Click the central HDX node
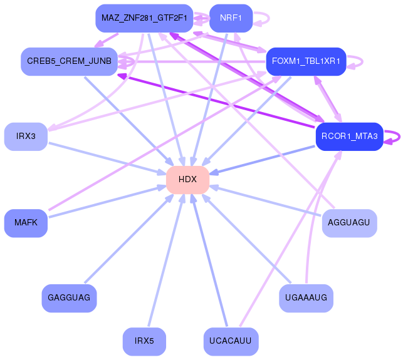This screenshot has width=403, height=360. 187,180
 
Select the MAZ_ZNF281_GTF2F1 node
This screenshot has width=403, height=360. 144,18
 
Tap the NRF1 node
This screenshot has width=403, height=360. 231,18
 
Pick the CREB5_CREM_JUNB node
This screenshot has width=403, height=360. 69,61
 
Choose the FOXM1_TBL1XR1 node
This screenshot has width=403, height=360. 306,61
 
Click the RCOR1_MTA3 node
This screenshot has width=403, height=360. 350,136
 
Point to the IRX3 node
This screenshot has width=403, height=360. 26,136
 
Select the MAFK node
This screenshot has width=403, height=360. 26,223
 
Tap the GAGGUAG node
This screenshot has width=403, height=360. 69,298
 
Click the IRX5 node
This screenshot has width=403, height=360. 144,341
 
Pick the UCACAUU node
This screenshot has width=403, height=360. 231,341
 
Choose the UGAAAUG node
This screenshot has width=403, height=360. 306,298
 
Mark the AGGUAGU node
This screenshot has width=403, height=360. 350,223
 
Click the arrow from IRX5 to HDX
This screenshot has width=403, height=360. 166,260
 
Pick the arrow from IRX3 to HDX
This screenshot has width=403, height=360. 107,159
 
